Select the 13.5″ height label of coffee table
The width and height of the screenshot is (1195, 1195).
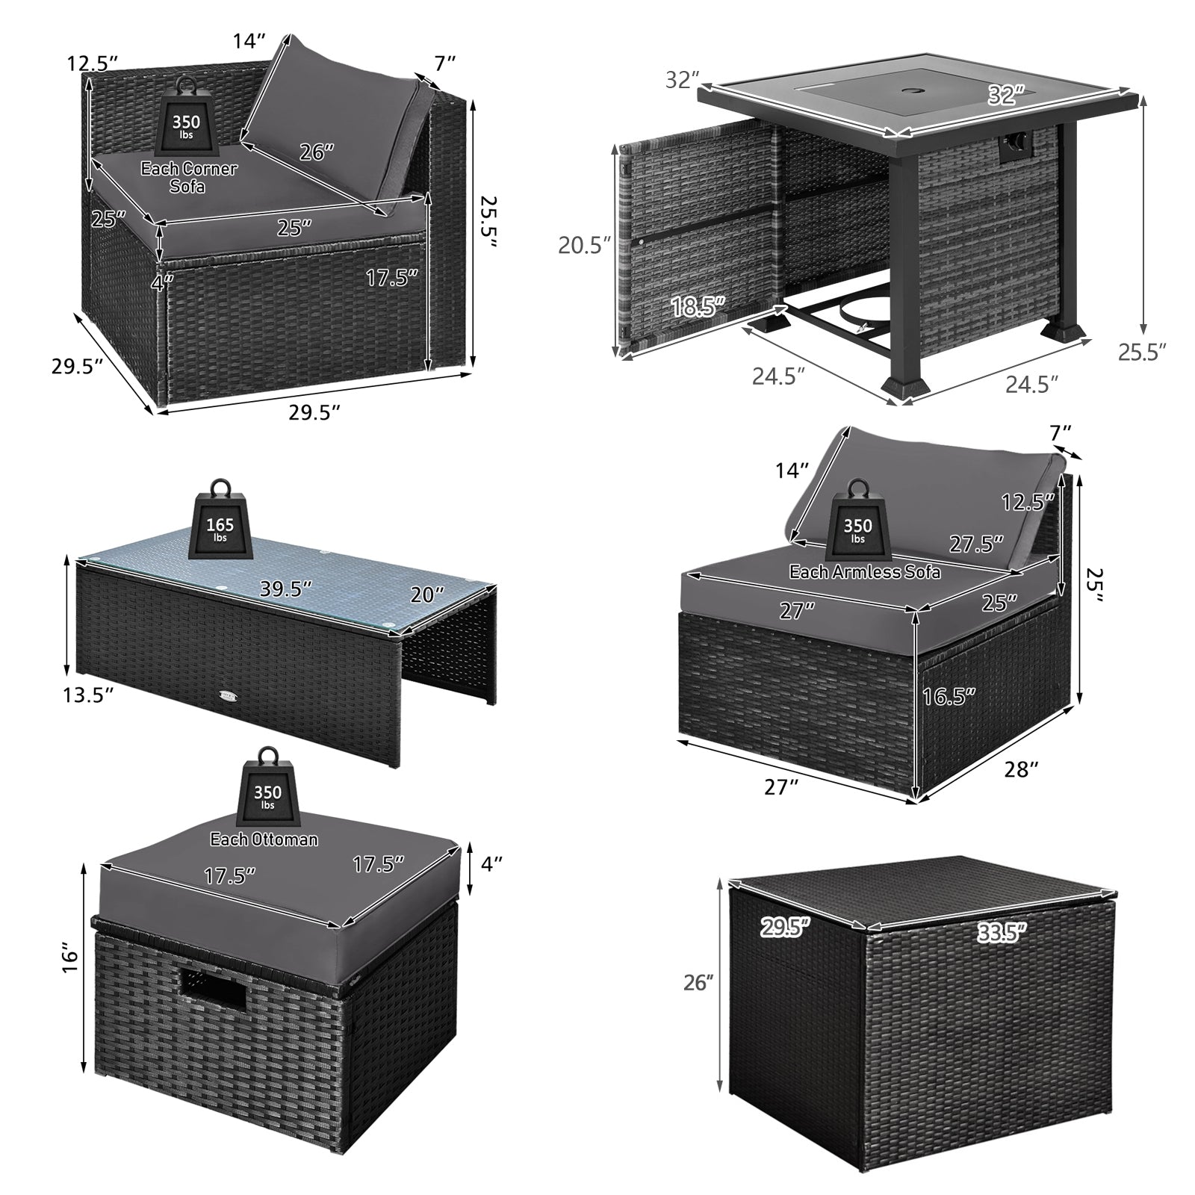pos(87,695)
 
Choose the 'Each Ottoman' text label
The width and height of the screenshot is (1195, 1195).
pos(264,839)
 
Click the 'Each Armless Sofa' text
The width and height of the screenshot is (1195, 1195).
pos(865,572)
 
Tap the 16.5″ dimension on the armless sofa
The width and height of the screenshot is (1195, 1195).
pos(949,696)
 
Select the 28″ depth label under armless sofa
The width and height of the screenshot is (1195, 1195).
pos(1022,770)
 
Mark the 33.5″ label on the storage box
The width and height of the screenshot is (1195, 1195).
pos(1000,931)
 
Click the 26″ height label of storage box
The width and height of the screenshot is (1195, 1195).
pos(699,983)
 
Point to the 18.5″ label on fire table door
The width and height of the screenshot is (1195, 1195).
pos(698,306)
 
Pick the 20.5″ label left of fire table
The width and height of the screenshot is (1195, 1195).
pos(585,244)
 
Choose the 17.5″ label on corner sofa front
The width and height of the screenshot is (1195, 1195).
pos(391,278)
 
